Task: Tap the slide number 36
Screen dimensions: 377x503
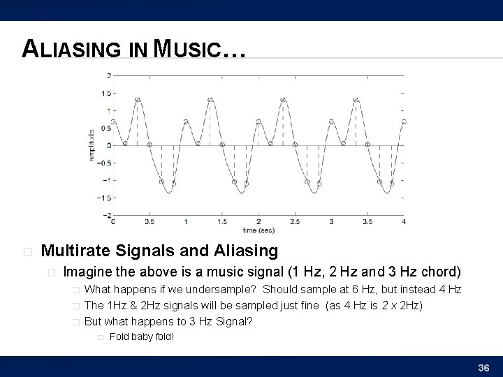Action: [x=483, y=367]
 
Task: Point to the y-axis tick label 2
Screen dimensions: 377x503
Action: [x=108, y=75]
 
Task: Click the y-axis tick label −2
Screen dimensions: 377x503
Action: [x=106, y=215]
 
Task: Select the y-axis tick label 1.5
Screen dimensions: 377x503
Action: [x=105, y=93]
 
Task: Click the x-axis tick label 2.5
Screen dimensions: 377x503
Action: [x=331, y=222]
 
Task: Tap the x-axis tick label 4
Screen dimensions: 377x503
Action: [x=404, y=222]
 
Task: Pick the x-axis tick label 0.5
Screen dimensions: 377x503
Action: [x=150, y=222]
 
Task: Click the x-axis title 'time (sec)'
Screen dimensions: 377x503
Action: [x=258, y=229]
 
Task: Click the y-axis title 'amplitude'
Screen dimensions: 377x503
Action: [x=92, y=145]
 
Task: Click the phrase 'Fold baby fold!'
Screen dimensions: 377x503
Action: [x=142, y=337]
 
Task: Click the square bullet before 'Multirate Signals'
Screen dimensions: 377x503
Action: [x=27, y=251]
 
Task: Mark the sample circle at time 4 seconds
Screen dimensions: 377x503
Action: [x=404, y=121]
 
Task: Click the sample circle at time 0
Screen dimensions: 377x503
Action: [x=114, y=121]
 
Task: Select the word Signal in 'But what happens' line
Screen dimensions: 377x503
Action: [x=231, y=322]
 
